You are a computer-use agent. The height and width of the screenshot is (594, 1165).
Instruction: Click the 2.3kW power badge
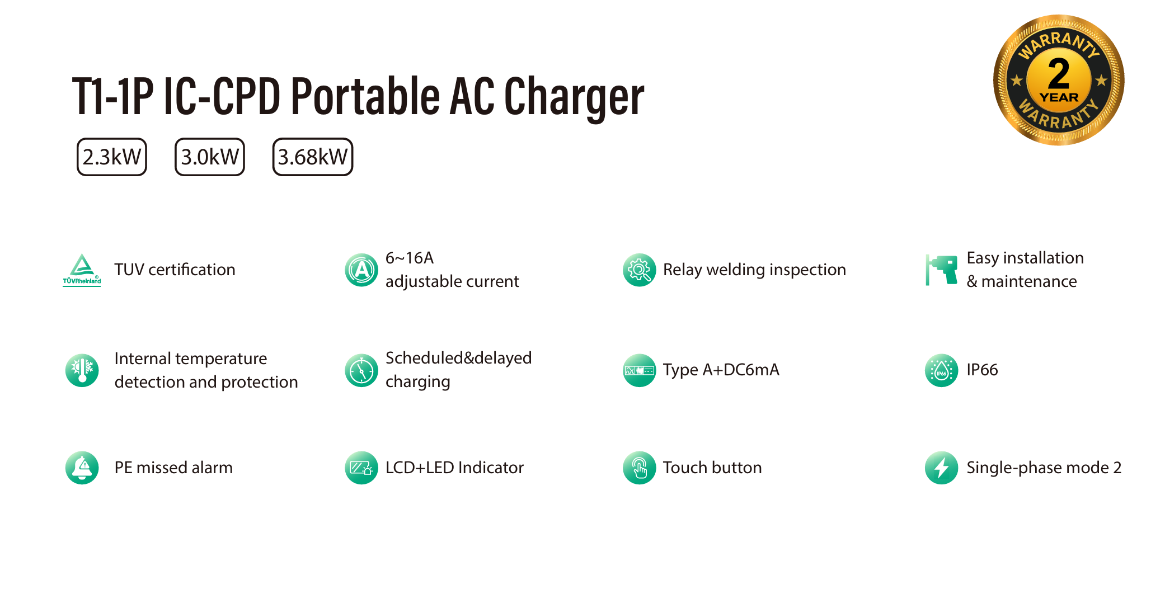pos(112,157)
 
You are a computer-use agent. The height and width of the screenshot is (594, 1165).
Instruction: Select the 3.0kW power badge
pos(210,157)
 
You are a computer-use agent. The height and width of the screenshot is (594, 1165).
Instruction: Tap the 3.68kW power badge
pos(313,157)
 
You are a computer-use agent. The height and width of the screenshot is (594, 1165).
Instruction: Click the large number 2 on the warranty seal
pos(1059,74)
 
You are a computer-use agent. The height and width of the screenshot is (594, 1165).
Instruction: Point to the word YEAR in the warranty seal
pos(1059,97)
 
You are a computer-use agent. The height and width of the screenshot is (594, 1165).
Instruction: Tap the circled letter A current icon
pos(361,270)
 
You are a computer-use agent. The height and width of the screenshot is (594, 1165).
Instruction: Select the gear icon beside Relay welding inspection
pos(639,270)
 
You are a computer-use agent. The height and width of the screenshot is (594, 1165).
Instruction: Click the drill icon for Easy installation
pos(942,270)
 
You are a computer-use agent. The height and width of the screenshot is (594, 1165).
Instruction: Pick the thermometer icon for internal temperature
pos(82,370)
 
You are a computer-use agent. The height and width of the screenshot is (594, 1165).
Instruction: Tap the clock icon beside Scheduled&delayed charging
pos(361,370)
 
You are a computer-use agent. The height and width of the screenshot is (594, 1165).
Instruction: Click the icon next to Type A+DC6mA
pos(639,370)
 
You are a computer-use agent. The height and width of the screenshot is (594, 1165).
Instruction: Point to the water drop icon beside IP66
pos(942,370)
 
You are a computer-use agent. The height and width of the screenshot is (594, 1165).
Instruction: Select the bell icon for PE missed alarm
pos(82,468)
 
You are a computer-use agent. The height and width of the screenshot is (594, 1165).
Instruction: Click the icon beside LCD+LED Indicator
pos(361,468)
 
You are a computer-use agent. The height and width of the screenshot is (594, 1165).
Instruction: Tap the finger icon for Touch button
pos(639,468)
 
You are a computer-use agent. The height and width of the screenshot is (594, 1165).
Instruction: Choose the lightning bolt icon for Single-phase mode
pos(942,468)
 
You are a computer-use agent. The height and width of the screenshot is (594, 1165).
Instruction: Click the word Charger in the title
pos(574,96)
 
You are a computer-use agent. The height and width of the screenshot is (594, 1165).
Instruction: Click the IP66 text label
pos(982,370)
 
